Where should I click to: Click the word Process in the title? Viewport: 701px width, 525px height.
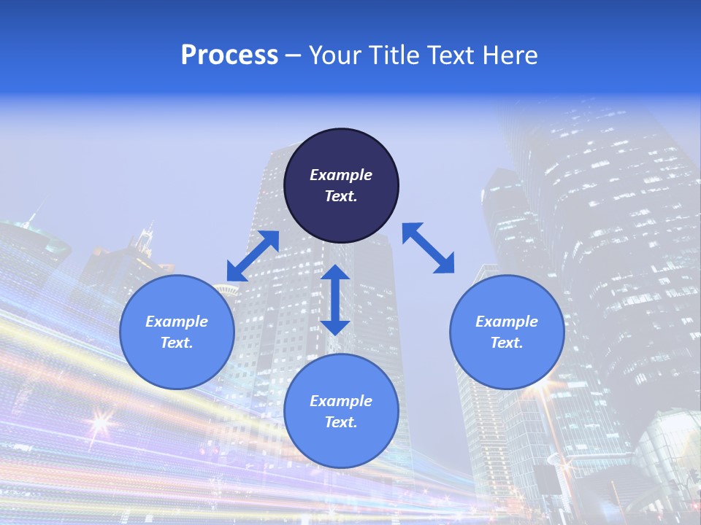(x=229, y=55)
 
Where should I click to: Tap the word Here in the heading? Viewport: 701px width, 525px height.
(x=511, y=55)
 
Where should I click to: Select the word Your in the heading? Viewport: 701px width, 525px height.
(x=333, y=55)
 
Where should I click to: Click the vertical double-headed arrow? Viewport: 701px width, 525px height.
(x=335, y=300)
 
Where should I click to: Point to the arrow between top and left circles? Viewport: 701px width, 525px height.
(x=253, y=256)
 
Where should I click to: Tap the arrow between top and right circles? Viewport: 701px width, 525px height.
(x=429, y=249)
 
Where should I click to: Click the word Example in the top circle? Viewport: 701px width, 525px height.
(x=341, y=175)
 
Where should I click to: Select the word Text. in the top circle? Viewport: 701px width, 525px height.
(x=341, y=196)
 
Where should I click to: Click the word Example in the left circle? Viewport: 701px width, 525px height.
(x=177, y=322)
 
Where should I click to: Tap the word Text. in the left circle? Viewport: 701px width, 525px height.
(x=177, y=343)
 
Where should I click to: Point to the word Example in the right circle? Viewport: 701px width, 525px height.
(x=507, y=322)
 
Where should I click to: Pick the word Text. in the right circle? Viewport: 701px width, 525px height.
(x=507, y=343)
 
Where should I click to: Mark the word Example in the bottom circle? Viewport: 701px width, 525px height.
(x=341, y=401)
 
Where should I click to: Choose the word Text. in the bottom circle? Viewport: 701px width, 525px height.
(x=341, y=422)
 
